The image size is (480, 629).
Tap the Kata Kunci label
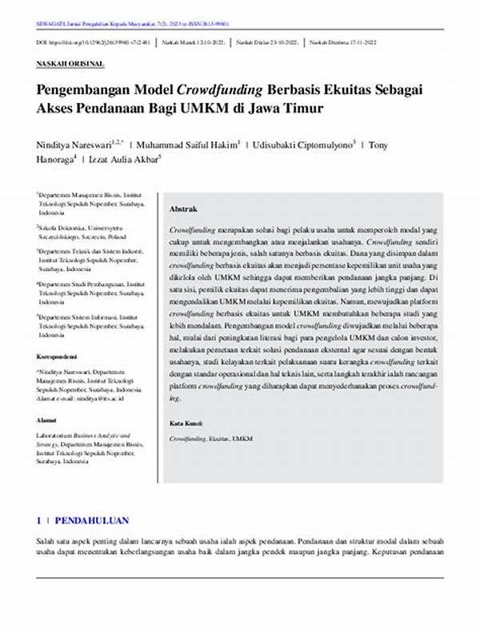click(186, 423)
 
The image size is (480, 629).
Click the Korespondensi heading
click(58, 356)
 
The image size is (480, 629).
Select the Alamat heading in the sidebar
click(46, 419)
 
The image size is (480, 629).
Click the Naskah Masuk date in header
click(195, 41)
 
